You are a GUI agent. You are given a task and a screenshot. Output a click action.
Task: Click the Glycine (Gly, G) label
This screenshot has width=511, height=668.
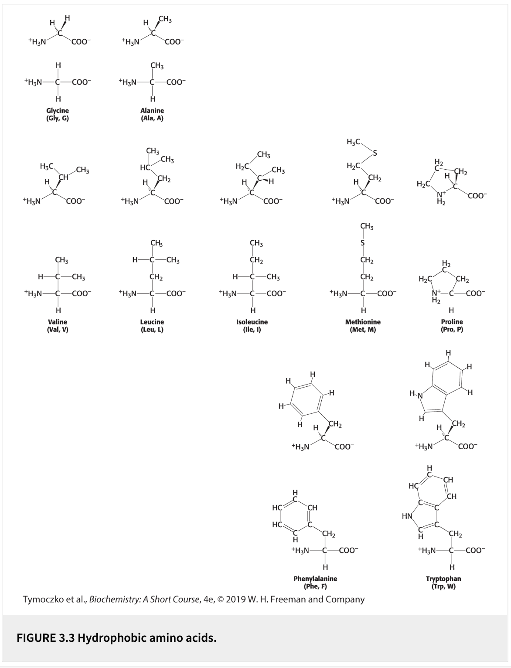(x=58, y=114)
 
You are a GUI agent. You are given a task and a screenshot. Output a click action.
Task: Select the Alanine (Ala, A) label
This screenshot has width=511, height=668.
(x=152, y=114)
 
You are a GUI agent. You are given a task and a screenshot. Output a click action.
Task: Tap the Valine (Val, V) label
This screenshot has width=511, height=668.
(x=58, y=325)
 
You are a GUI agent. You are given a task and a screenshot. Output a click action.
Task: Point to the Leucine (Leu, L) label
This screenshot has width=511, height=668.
(x=152, y=325)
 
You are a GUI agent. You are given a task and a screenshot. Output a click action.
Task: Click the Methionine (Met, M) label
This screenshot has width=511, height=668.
(x=363, y=325)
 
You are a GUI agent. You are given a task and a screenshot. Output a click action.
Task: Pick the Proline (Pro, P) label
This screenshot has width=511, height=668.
(x=452, y=325)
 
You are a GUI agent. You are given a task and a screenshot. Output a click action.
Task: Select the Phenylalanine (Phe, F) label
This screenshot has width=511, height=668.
(x=315, y=582)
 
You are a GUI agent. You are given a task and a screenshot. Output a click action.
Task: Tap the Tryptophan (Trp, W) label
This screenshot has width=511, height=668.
(x=443, y=582)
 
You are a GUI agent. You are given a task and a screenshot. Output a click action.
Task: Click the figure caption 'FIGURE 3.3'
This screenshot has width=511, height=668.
(x=45, y=638)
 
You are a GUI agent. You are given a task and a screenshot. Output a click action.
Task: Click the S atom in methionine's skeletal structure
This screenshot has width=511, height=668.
(x=374, y=153)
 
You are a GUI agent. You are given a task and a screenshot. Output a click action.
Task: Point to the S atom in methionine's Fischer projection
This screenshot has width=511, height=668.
(x=362, y=243)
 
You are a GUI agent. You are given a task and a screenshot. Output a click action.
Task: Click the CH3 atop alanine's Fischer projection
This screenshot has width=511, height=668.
(x=157, y=66)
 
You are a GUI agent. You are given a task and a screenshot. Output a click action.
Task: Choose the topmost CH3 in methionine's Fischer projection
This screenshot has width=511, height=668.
(x=367, y=226)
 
